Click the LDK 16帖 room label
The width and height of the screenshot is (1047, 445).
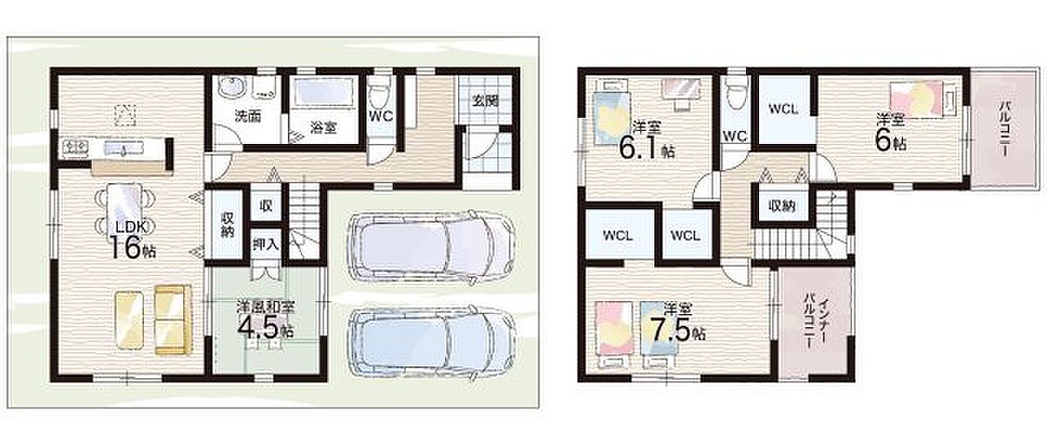pyautogui.click(x=133, y=240)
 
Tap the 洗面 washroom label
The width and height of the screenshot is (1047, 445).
pyautogui.click(x=248, y=117)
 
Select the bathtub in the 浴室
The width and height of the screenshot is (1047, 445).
pyautogui.click(x=324, y=91)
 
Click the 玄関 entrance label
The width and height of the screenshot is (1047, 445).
pyautogui.click(x=485, y=100)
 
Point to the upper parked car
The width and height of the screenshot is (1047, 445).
pyautogui.click(x=431, y=246)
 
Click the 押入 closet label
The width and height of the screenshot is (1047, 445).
pyautogui.click(x=265, y=243)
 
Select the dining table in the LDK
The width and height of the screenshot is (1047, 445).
pyautogui.click(x=124, y=206)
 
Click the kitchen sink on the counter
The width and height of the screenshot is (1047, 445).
pyautogui.click(x=122, y=149)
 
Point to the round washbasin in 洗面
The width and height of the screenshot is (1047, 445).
pyautogui.click(x=231, y=87)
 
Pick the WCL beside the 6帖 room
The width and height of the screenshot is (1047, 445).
pyautogui.click(x=783, y=109)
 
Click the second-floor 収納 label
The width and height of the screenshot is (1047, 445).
pyautogui.click(x=782, y=206)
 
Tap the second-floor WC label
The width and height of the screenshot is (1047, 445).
pyautogui.click(x=736, y=136)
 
